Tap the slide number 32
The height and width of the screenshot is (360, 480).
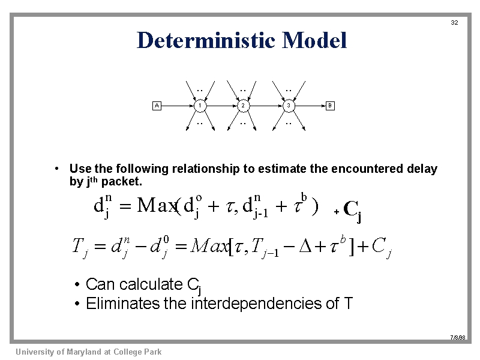point(454,23)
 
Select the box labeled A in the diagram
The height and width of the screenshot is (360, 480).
point(157,106)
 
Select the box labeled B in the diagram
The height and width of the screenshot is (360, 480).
point(330,106)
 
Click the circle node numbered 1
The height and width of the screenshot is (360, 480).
point(200,106)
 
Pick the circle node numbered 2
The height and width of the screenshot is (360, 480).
point(242,106)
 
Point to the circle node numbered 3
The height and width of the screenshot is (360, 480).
point(289,106)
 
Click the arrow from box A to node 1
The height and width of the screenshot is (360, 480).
point(177,106)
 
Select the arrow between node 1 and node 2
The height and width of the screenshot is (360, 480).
point(221,106)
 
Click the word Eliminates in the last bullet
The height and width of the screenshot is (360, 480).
point(123,304)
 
